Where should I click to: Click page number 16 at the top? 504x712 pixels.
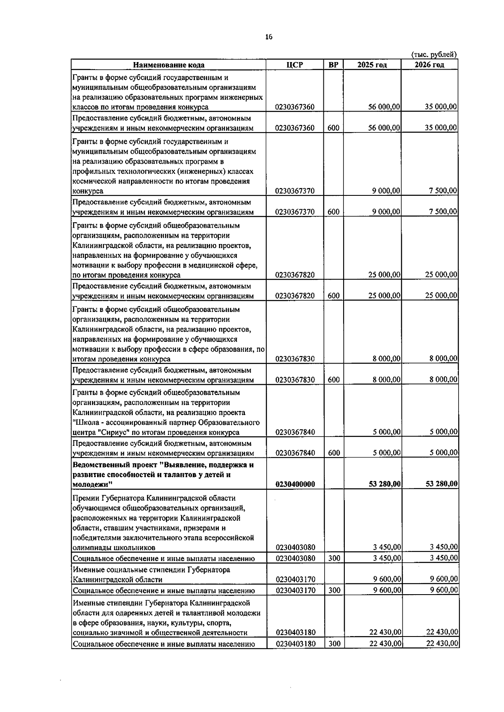(x=268, y=37)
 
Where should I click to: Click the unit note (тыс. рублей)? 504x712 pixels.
(x=434, y=55)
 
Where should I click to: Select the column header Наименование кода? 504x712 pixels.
(x=169, y=65)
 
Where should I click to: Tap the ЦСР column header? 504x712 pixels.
(x=294, y=65)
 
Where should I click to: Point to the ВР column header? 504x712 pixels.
(x=333, y=65)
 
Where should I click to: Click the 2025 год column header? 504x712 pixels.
(x=372, y=65)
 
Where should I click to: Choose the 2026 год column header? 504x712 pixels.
(x=429, y=65)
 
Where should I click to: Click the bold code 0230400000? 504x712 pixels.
(x=295, y=484)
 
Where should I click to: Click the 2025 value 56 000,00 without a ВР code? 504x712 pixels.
(x=384, y=107)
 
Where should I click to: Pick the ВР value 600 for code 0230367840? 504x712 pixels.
(x=333, y=453)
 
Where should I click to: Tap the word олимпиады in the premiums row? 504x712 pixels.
(x=91, y=548)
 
